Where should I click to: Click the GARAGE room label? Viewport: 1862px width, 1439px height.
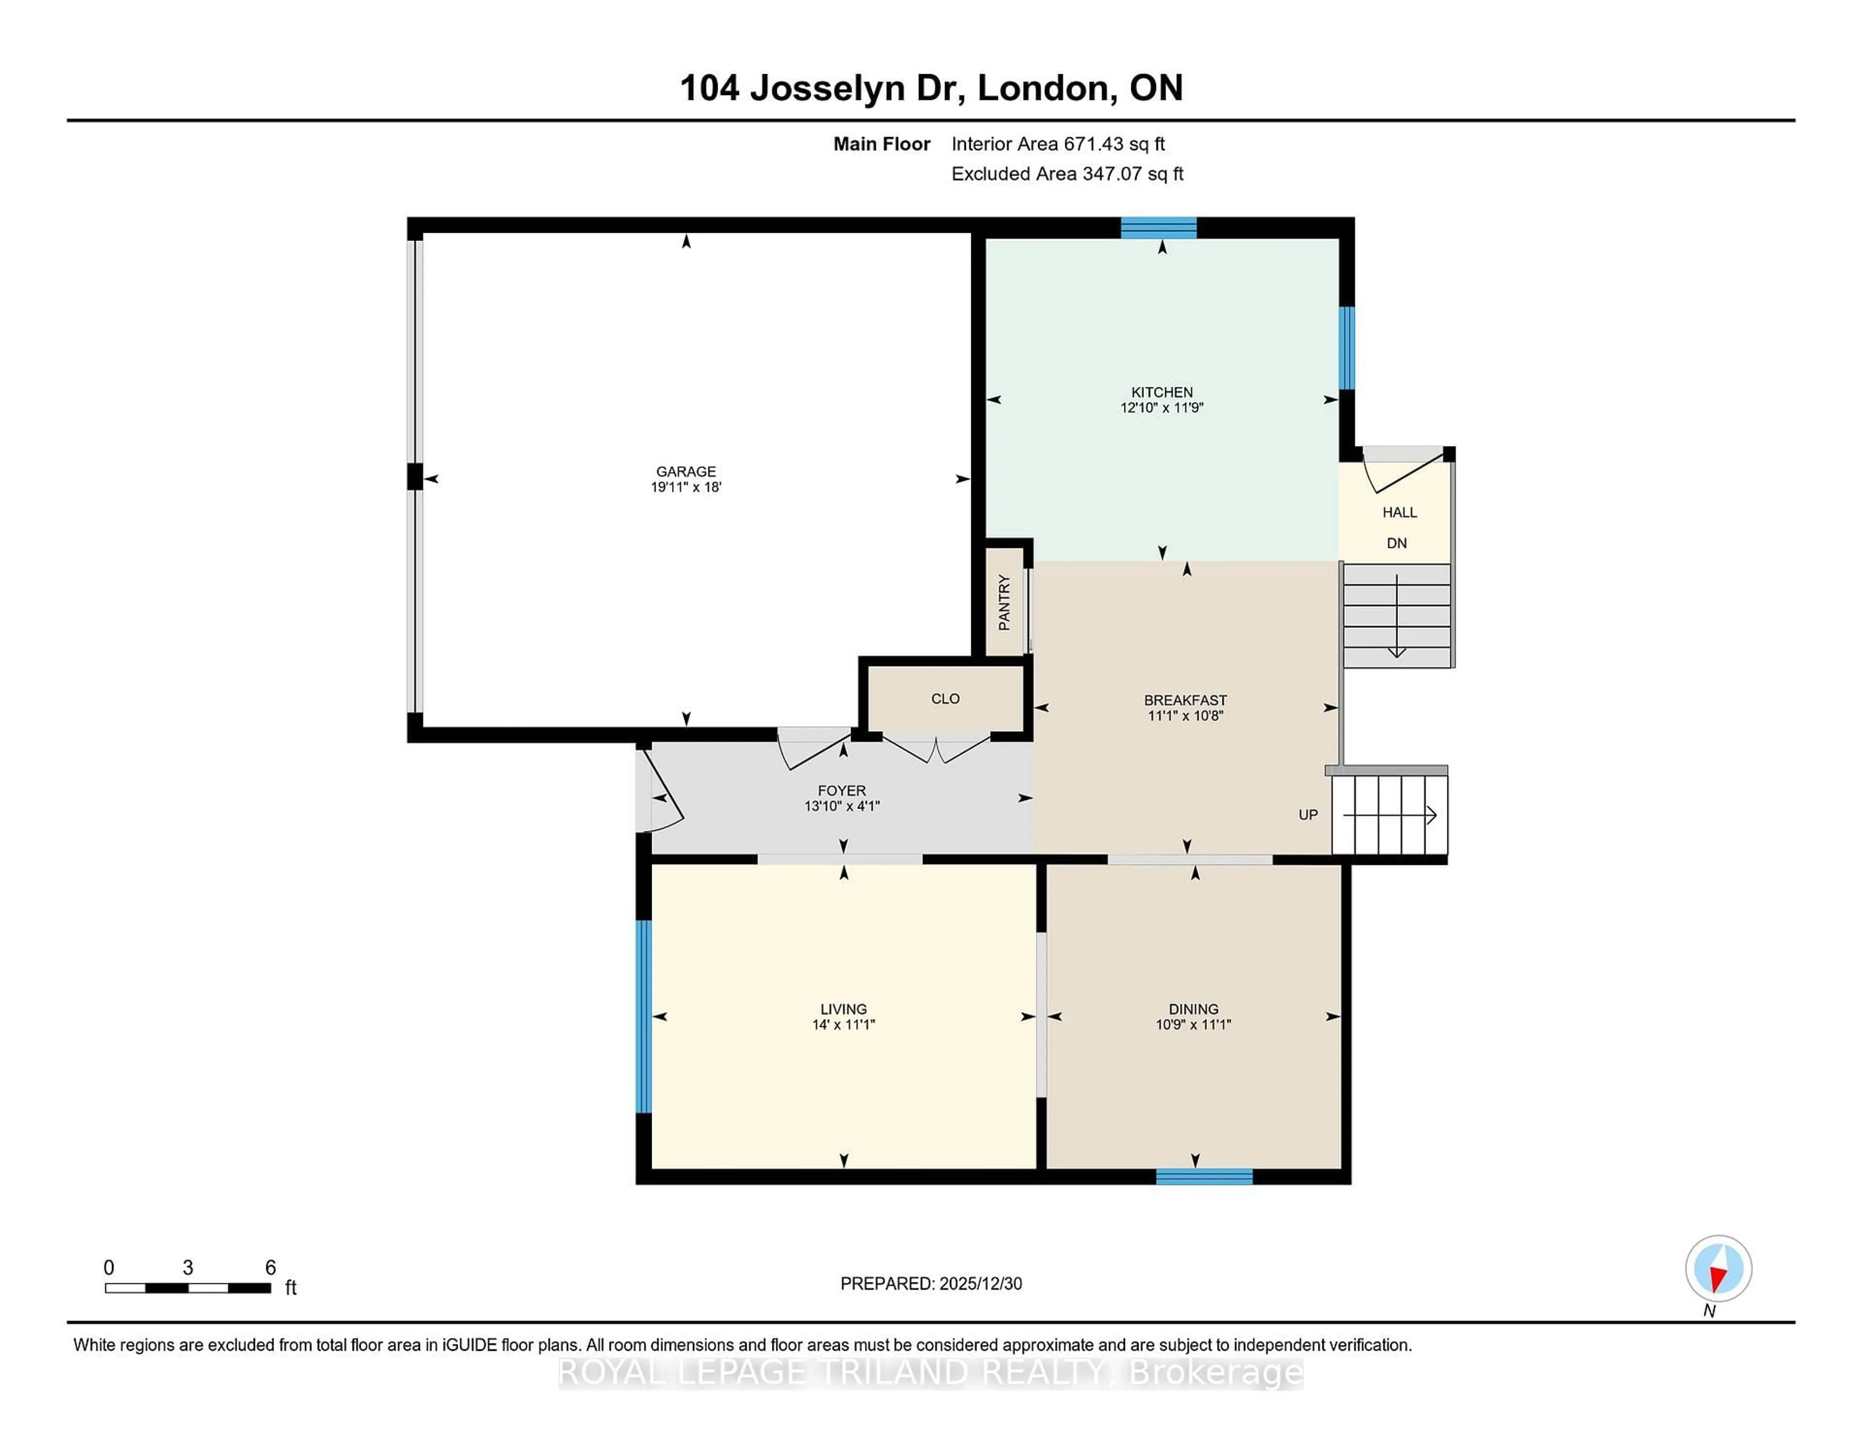[686, 471]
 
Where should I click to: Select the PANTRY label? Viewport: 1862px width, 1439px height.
[1004, 603]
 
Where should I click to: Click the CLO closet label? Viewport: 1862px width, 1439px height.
[945, 699]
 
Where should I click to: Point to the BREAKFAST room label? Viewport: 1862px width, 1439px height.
[1185, 701]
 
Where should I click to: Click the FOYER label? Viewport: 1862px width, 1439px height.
[841, 791]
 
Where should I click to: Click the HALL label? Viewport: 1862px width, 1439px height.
[1399, 512]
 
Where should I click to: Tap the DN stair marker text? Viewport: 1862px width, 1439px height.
[1396, 543]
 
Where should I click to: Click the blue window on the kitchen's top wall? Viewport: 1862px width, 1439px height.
[1158, 227]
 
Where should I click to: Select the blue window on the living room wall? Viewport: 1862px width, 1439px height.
[643, 1016]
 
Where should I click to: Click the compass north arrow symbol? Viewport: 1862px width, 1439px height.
[1718, 1269]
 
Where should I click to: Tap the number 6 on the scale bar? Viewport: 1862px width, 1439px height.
[270, 1268]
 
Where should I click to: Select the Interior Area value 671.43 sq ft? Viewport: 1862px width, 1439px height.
[1113, 144]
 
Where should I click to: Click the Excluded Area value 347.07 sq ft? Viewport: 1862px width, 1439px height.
[1132, 174]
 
